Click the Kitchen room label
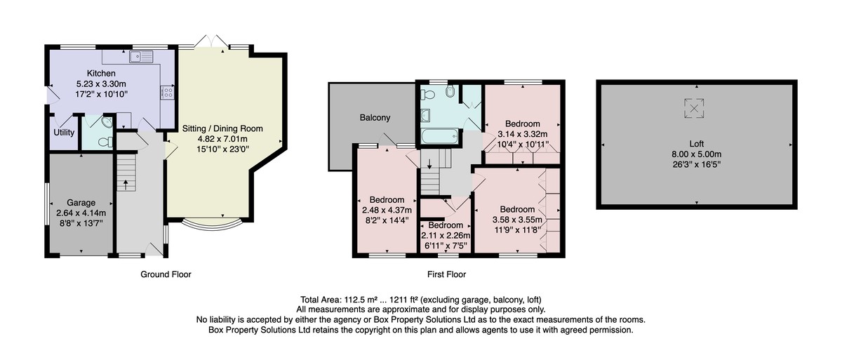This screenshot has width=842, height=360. pyautogui.click(x=101, y=73)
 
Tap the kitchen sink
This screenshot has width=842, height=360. pyautogui.click(x=141, y=56)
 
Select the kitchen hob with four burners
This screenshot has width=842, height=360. pyautogui.click(x=167, y=93)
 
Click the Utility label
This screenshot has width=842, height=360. pyautogui.click(x=64, y=133)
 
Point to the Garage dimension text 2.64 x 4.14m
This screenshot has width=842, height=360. pyautogui.click(x=81, y=213)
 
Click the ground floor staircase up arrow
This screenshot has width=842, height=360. pyautogui.click(x=126, y=185)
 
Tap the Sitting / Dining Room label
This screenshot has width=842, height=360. pyautogui.click(x=222, y=128)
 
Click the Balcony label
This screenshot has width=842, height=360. pyautogui.click(x=375, y=118)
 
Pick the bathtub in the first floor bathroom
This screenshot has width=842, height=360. pyautogui.click(x=440, y=136)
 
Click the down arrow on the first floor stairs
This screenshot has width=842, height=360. pyautogui.click(x=429, y=164)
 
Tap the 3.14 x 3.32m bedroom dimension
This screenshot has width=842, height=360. pyautogui.click(x=523, y=134)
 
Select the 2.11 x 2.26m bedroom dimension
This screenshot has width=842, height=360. pyautogui.click(x=446, y=236)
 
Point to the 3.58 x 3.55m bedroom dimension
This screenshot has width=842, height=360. pyautogui.click(x=517, y=220)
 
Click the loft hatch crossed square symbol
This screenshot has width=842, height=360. pyautogui.click(x=694, y=109)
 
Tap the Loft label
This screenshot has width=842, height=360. pyautogui.click(x=697, y=144)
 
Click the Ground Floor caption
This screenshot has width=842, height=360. pyautogui.click(x=166, y=274)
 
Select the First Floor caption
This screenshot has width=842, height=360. pyautogui.click(x=446, y=274)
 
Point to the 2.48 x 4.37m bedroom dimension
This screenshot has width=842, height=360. pyautogui.click(x=387, y=211)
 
